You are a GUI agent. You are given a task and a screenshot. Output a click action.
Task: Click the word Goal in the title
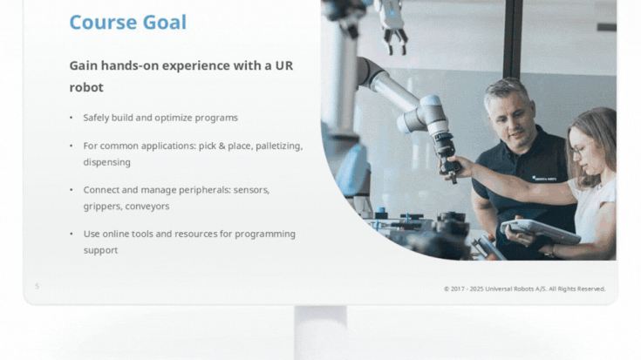pyautogui.click(x=164, y=22)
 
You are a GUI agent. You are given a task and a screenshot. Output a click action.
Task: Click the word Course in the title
pyautogui.click(x=104, y=22)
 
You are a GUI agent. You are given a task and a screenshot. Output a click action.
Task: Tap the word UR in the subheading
pyautogui.click(x=284, y=65)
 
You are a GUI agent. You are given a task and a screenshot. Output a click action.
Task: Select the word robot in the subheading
pyautogui.click(x=86, y=87)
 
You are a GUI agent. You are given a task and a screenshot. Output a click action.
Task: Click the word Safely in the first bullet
pyautogui.click(x=96, y=118)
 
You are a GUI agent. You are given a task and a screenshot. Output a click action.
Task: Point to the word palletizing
pyautogui.click(x=279, y=146)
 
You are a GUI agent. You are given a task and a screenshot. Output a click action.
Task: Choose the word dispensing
pyautogui.click(x=107, y=162)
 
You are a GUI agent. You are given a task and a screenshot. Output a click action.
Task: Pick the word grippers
pyautogui.click(x=103, y=207)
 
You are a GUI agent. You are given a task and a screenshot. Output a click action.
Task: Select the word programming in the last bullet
pyautogui.click(x=265, y=234)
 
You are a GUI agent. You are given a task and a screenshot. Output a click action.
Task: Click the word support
pyautogui.click(x=100, y=250)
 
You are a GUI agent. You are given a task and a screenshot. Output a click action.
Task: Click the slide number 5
pyautogui.click(x=37, y=286)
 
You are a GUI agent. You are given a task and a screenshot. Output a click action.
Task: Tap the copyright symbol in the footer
pyautogui.click(x=447, y=289)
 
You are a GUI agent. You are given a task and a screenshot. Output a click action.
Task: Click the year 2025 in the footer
pyautogui.click(x=476, y=289)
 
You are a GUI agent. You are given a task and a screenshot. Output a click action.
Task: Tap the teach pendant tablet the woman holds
pyautogui.click(x=540, y=231)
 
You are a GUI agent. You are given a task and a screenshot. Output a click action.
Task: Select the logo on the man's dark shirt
pyautogui.click(x=544, y=179)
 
